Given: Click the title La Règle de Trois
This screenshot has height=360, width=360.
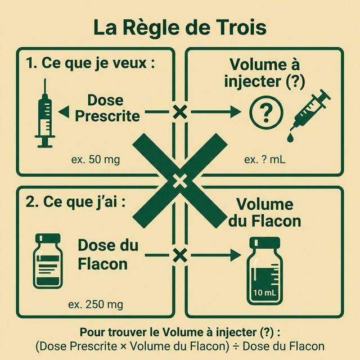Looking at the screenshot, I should (x=179, y=28).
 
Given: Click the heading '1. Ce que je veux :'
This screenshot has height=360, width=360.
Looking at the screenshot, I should (x=91, y=63).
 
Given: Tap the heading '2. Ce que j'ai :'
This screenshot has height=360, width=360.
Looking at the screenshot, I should (x=75, y=202).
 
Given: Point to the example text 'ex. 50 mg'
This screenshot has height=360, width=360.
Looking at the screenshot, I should (x=96, y=159).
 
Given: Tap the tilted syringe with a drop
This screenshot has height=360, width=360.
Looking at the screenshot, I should (x=310, y=110).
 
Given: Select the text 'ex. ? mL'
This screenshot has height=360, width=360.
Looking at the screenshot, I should (x=264, y=159).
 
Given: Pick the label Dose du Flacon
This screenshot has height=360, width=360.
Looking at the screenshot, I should (x=107, y=254).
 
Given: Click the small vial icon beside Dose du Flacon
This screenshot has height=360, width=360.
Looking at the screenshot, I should (x=48, y=261).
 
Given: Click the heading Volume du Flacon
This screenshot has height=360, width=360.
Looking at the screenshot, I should (x=264, y=212).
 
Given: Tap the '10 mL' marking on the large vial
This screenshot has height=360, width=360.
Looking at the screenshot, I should (x=264, y=292).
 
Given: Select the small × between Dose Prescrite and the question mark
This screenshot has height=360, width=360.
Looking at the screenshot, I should (x=179, y=111).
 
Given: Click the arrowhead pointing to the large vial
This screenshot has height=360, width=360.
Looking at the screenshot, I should (x=235, y=255).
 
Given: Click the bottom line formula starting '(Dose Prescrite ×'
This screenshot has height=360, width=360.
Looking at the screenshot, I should (x=179, y=346).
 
